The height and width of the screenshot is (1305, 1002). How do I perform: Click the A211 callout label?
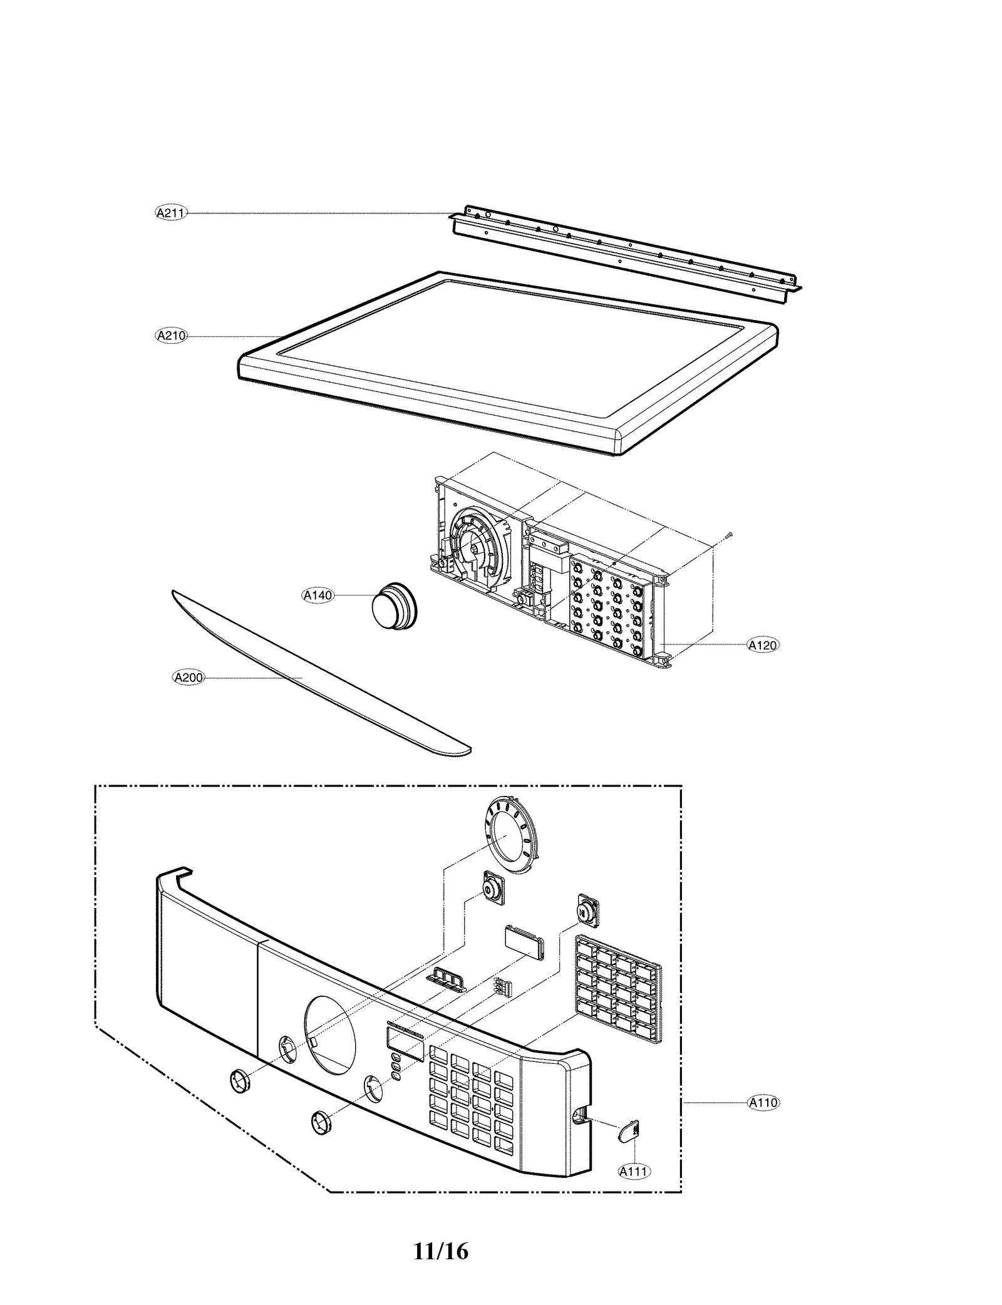pos(170,213)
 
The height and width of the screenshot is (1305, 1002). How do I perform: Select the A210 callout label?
pos(171,336)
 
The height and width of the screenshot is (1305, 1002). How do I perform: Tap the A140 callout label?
pos(318,596)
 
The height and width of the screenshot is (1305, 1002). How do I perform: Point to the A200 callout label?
pos(189,677)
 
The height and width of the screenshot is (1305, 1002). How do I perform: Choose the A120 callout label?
pos(763,644)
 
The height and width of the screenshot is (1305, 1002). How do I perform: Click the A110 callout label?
pos(763,1102)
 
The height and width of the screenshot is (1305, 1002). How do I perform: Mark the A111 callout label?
pos(634,1170)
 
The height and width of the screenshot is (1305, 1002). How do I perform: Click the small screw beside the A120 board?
pos(729,534)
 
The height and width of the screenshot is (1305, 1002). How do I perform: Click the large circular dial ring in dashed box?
pos(510,838)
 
